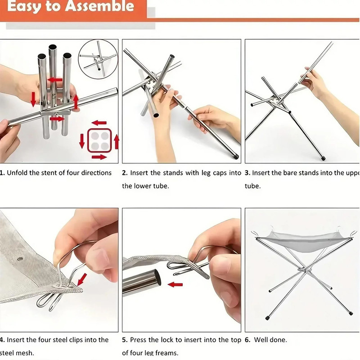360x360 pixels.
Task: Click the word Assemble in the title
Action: (100, 6)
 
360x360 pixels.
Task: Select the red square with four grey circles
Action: (99, 139)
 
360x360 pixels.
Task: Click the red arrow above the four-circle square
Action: (99, 122)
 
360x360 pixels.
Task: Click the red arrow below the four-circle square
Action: (99, 157)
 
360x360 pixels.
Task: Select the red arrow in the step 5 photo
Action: (176, 284)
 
